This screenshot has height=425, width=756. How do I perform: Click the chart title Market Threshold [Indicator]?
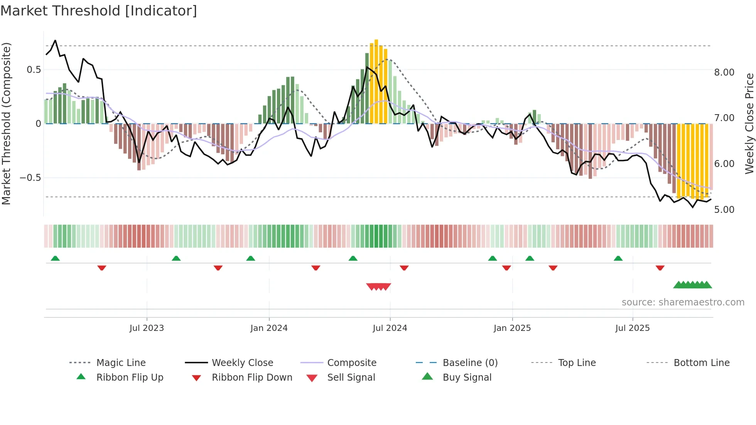click(99, 11)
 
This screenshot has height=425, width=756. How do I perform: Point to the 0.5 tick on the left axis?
click(34, 70)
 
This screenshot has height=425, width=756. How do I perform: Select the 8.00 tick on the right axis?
click(724, 73)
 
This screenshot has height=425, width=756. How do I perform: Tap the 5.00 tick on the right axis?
click(724, 210)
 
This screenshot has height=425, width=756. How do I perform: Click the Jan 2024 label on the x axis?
click(269, 328)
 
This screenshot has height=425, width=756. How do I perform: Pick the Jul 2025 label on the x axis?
click(632, 328)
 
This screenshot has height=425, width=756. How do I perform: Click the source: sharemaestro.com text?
click(683, 302)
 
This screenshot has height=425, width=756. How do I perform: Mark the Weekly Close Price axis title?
click(749, 123)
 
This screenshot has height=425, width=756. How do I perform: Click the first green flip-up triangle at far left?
click(55, 258)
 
